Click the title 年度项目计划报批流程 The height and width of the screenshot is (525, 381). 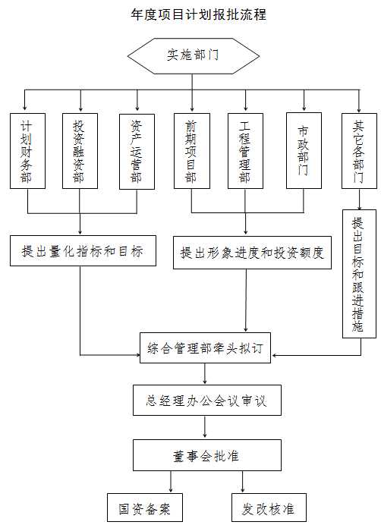(x=199, y=14)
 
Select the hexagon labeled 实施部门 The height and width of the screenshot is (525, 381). (x=193, y=56)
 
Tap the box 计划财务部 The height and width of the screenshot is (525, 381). (x=27, y=151)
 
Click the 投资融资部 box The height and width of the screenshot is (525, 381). (x=80, y=151)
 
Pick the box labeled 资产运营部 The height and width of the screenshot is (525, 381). (x=137, y=152)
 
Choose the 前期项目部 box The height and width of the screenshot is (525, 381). (x=192, y=151)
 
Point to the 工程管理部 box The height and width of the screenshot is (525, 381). (x=245, y=151)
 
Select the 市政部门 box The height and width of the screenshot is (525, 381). (x=304, y=151)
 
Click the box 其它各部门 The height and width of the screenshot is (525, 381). (x=359, y=151)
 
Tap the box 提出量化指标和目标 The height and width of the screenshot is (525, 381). (x=83, y=251)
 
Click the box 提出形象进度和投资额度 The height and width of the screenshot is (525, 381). (x=252, y=253)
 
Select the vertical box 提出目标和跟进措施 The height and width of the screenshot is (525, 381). (x=359, y=274)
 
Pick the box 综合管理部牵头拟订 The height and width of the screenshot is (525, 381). (x=205, y=348)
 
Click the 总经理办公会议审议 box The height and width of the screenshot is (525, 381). (x=206, y=400)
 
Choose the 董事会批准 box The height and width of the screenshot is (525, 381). (x=206, y=455)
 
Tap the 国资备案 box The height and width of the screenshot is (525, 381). (x=145, y=508)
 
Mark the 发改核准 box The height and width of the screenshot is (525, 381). (x=269, y=508)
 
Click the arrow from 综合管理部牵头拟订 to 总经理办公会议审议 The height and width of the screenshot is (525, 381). (x=205, y=374)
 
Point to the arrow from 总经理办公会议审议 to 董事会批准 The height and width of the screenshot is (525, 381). (x=205, y=427)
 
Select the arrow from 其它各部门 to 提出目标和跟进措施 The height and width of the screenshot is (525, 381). (x=359, y=200)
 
